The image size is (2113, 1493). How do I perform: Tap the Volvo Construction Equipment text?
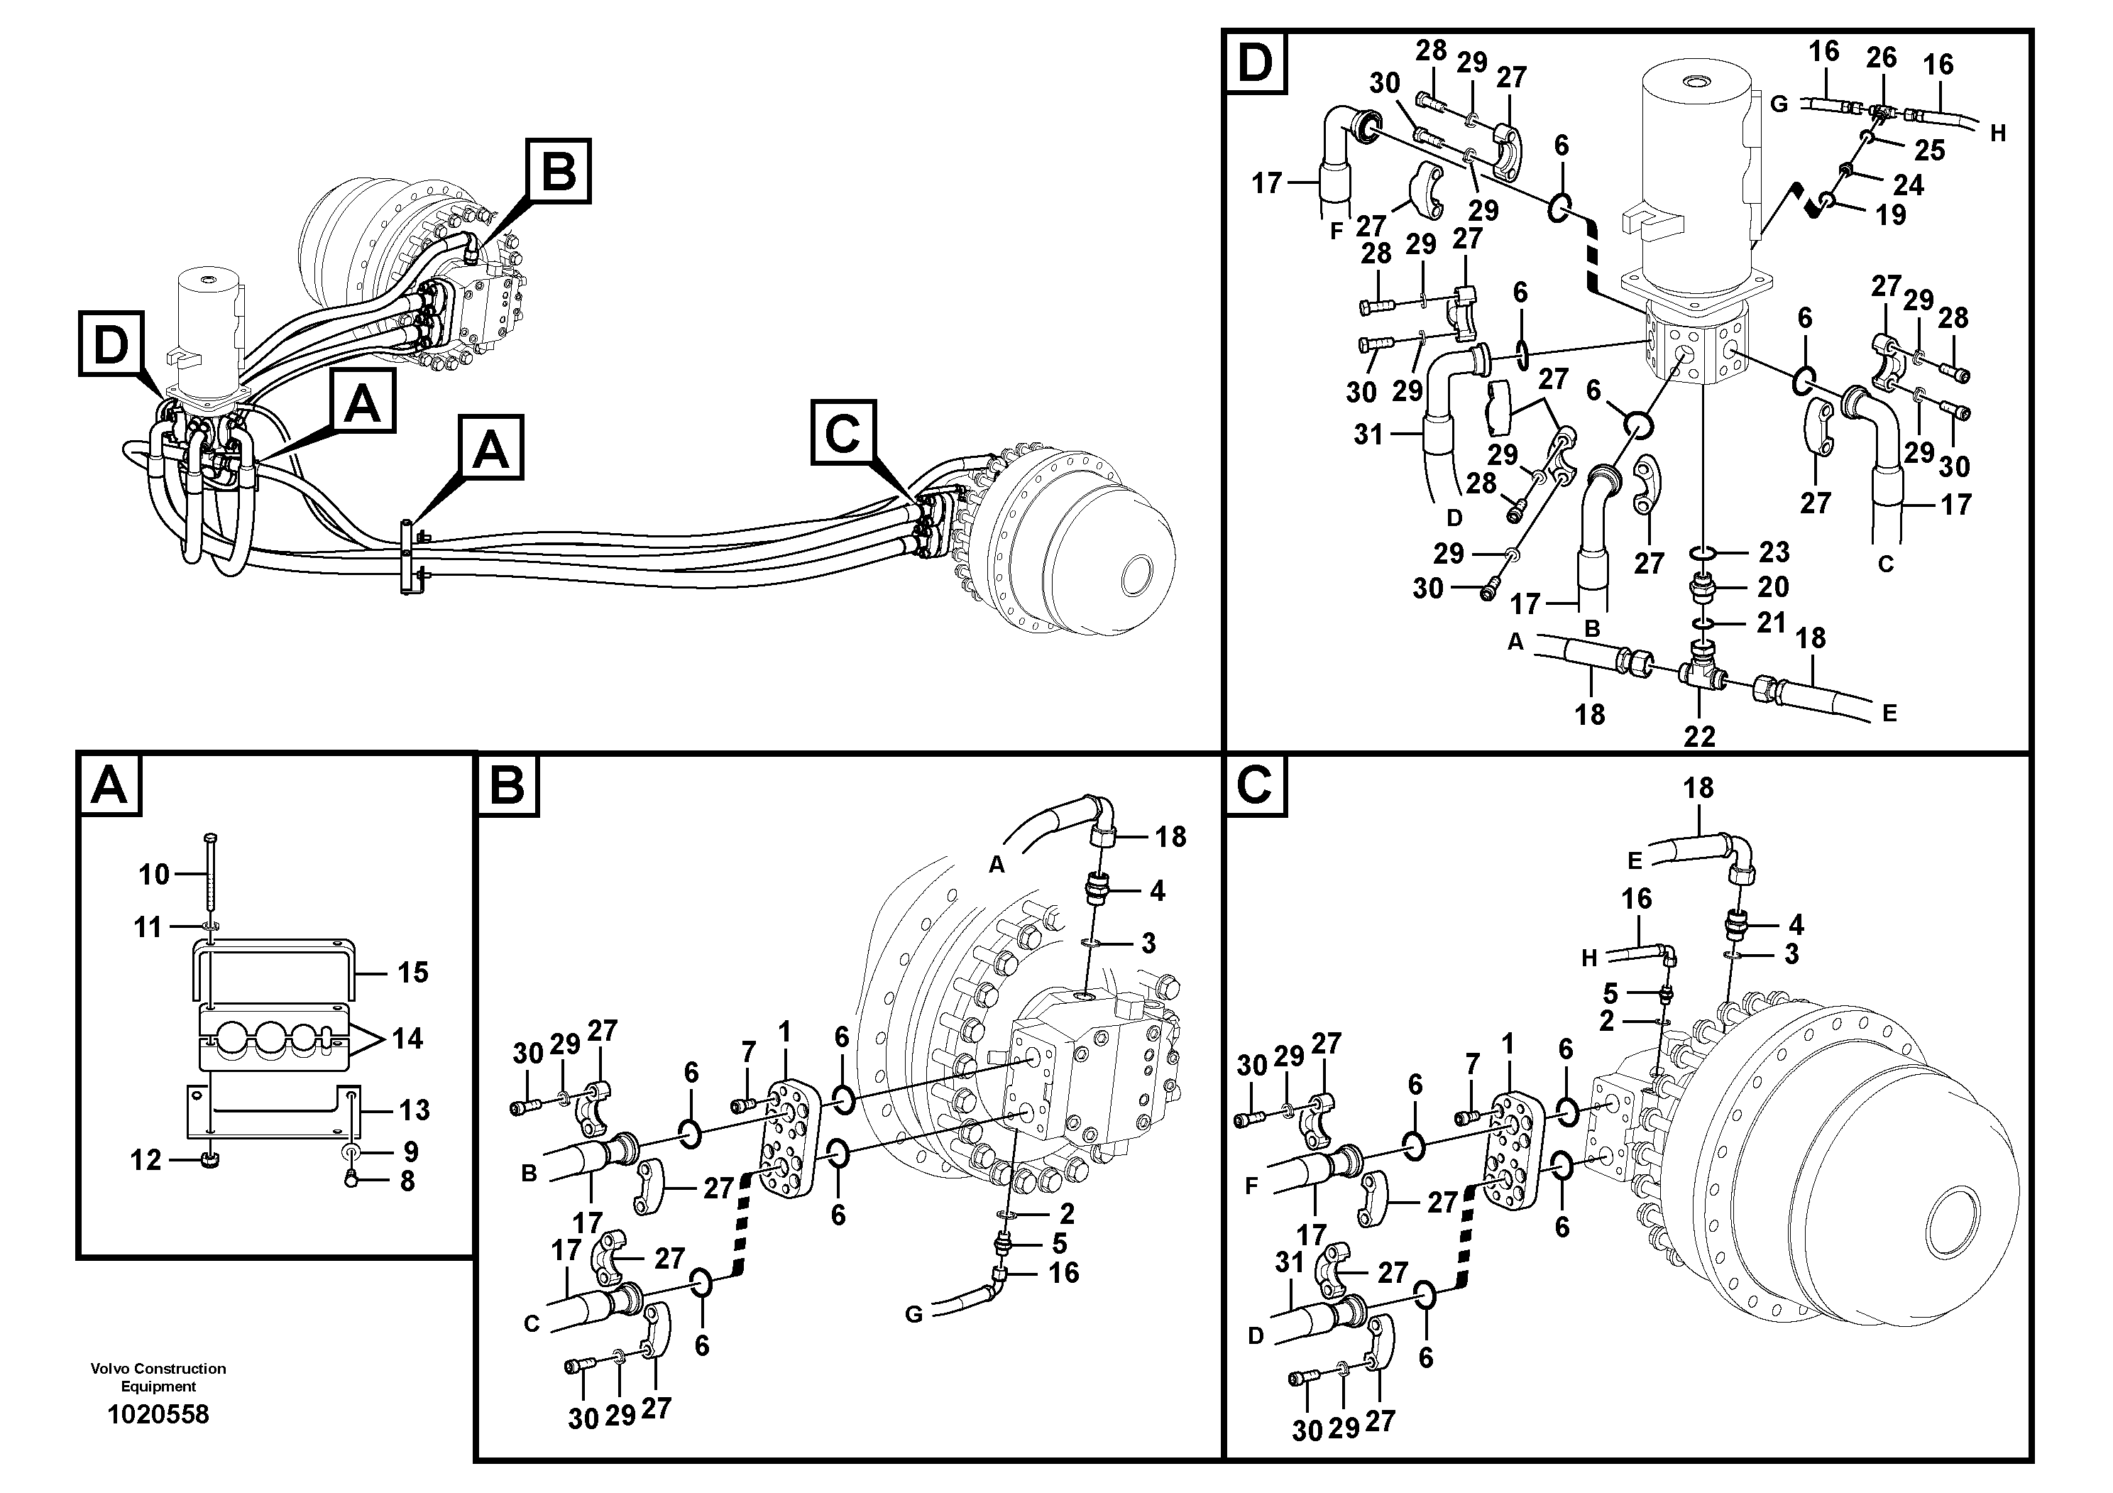(158, 1377)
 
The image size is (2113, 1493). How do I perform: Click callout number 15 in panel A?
(412, 972)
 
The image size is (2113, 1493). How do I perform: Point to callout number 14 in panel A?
(407, 1039)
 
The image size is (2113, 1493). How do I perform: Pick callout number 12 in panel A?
(146, 1160)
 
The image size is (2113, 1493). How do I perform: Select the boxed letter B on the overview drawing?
(558, 170)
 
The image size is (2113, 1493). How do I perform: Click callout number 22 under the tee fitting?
(1700, 735)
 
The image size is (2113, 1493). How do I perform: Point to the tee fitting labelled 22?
(1699, 674)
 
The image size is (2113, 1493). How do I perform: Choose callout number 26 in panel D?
(1881, 57)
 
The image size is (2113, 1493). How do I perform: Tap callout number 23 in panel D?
(1774, 552)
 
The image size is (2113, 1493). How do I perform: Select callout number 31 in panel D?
(1368, 434)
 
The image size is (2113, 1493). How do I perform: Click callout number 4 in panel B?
(1157, 890)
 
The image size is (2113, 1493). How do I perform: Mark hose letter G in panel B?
(913, 1314)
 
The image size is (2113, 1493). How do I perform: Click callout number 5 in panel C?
(1610, 993)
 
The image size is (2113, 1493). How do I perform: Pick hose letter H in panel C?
(1589, 958)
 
